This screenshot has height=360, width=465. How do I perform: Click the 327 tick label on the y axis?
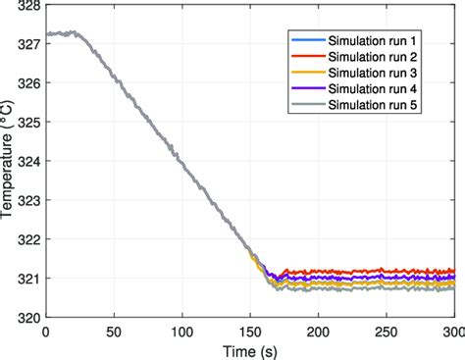(29, 44)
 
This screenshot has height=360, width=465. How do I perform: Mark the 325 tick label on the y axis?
(29, 123)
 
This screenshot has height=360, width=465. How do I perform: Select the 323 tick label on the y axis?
(29, 200)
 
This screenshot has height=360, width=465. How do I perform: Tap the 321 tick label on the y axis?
(29, 279)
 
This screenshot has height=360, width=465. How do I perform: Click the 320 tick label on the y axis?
(29, 317)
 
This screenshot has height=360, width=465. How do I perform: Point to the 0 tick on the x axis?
(46, 331)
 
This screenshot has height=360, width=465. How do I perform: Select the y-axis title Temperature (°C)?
(9, 162)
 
